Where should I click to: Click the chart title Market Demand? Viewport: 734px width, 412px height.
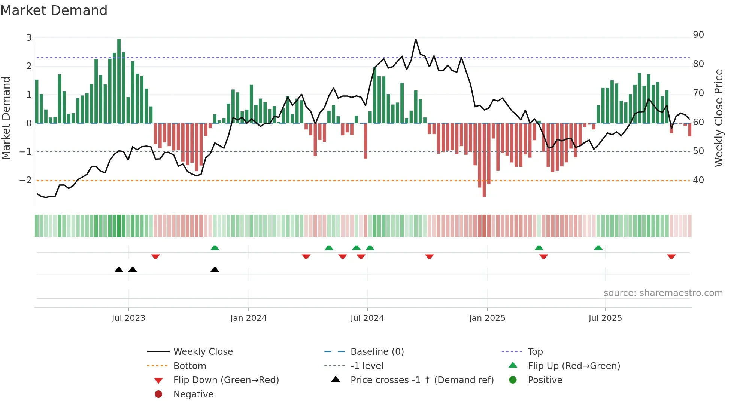click(54, 10)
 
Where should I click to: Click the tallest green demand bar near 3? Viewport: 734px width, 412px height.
click(119, 80)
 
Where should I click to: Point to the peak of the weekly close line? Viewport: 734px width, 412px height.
click(416, 39)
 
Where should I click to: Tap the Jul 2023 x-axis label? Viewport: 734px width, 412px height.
click(128, 318)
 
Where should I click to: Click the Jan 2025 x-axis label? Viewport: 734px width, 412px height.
click(487, 318)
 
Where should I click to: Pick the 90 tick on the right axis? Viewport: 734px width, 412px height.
click(698, 35)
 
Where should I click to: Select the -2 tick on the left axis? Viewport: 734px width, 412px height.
click(25, 180)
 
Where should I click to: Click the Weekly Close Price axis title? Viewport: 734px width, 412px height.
click(718, 118)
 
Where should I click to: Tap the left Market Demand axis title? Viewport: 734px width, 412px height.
click(6, 118)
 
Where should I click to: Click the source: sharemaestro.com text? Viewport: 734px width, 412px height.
click(663, 293)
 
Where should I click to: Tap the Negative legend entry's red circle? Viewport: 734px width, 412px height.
click(158, 394)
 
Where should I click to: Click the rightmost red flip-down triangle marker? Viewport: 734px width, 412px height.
click(671, 256)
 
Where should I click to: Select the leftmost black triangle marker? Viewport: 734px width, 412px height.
click(119, 270)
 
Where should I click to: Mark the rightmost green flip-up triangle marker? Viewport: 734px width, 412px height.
click(598, 248)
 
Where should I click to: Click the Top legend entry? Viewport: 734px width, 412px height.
click(535, 351)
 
